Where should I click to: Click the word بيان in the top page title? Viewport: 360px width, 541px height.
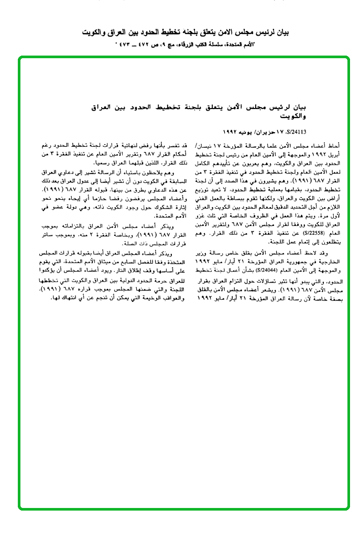coord(282,33)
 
